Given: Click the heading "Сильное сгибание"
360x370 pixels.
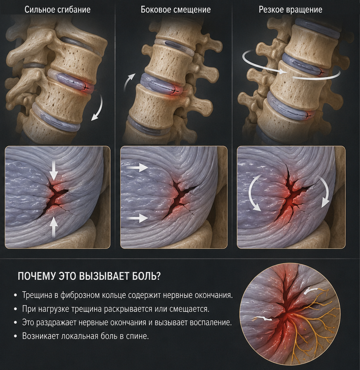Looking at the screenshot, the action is (57, 9).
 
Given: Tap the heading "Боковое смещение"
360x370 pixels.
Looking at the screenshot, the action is (175, 9).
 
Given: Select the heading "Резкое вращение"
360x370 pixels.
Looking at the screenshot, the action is (290, 9).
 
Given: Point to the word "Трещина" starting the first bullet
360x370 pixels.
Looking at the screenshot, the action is (37, 295).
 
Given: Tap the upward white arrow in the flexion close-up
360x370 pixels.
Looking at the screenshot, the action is (54, 227).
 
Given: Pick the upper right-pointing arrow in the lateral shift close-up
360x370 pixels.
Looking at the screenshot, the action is (137, 168).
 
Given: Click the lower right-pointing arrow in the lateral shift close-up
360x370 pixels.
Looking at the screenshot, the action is (137, 218).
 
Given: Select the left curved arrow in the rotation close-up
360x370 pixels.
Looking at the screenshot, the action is (252, 192).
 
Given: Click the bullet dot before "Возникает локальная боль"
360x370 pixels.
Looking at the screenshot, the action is (15, 336).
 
